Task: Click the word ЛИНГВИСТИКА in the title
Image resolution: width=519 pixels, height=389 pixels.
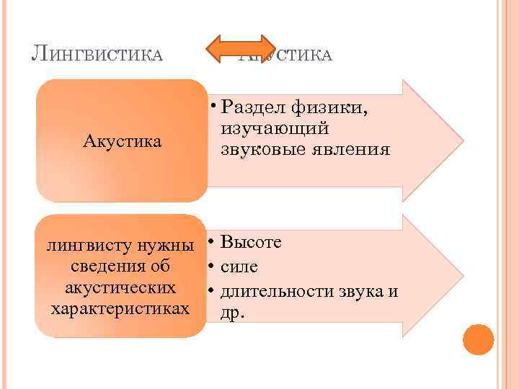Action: pyautogui.click(x=97, y=54)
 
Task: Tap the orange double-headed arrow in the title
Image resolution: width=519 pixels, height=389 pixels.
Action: pyautogui.click(x=241, y=49)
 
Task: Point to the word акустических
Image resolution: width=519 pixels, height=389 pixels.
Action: pyautogui.click(x=120, y=287)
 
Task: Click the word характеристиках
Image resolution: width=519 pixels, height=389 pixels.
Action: pyautogui.click(x=121, y=309)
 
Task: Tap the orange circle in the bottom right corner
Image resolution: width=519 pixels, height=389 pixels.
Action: pyautogui.click(x=478, y=339)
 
